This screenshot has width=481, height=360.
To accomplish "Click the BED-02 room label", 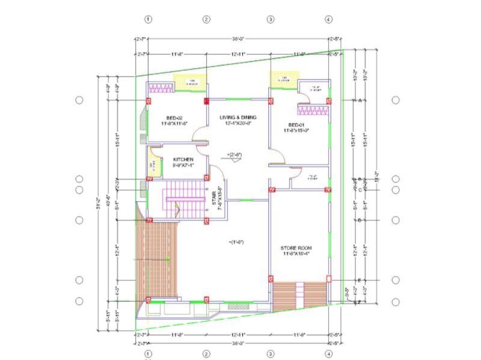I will (x=174, y=117).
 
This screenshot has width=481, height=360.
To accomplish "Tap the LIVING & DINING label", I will (x=238, y=117).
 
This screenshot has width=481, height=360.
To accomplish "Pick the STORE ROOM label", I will (x=296, y=248).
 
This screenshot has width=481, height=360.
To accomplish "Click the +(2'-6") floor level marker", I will (x=236, y=154).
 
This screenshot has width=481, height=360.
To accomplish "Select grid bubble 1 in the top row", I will (x=149, y=19).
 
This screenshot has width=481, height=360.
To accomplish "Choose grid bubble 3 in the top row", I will (x=271, y=19).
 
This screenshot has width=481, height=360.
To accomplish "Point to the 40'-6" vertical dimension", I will (x=108, y=198).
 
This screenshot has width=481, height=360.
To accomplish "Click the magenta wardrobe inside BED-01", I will (x=313, y=109).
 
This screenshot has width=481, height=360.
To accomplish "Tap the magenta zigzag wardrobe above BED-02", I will (x=161, y=88).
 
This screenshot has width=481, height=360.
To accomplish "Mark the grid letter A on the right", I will (x=360, y=100).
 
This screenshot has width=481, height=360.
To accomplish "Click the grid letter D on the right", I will (x=360, y=220).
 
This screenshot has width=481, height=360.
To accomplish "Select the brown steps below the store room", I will (x=299, y=293).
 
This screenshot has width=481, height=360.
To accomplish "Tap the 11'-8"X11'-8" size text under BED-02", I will (x=174, y=123).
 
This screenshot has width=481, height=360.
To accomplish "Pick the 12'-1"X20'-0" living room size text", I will (x=238, y=123).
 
